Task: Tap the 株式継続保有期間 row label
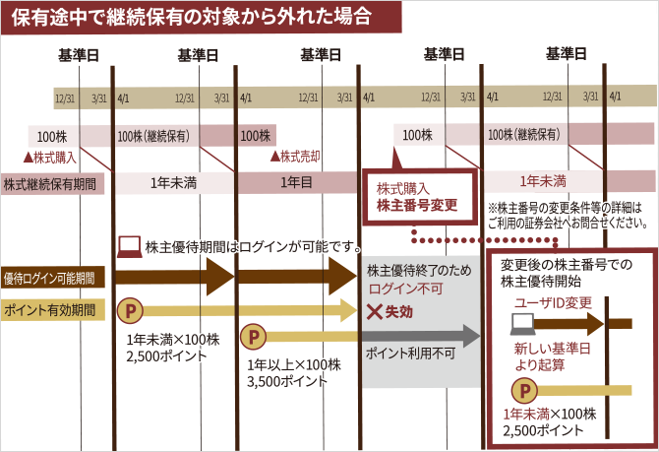click(x=50, y=183)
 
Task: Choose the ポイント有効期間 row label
click(x=50, y=309)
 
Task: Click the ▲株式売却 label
click(x=295, y=156)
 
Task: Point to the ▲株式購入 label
click(x=49, y=156)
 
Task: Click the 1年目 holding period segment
click(x=296, y=182)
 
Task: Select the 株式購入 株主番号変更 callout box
click(x=419, y=196)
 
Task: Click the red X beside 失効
click(x=374, y=312)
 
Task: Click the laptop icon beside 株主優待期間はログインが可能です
click(x=129, y=246)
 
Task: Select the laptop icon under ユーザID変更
click(x=521, y=322)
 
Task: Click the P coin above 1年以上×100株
click(x=253, y=337)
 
